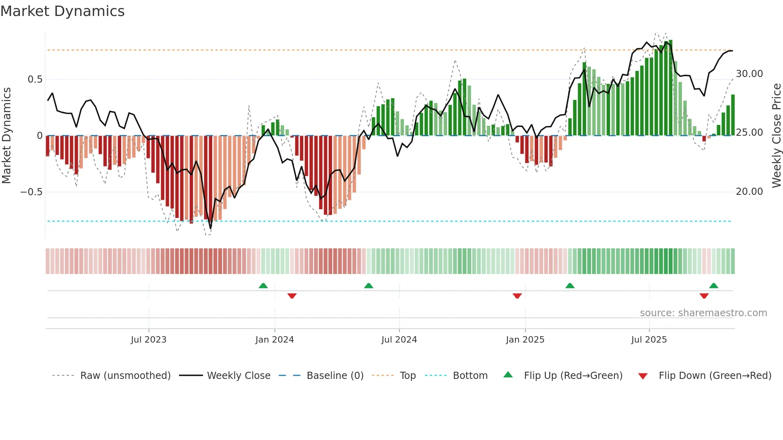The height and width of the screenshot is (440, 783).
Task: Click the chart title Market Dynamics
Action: click(x=62, y=11)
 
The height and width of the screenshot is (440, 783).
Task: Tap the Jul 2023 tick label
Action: click(x=149, y=340)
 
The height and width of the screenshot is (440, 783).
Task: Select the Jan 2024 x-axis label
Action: click(x=274, y=340)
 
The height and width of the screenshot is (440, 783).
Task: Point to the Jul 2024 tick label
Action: click(x=399, y=340)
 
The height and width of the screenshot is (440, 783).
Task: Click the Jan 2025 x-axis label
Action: click(x=525, y=340)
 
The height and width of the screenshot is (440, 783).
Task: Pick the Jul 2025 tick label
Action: click(x=649, y=340)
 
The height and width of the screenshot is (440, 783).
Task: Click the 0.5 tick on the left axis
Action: click(x=35, y=79)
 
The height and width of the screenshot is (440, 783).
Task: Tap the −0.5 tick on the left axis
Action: click(x=31, y=192)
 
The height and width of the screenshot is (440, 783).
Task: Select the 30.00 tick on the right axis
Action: click(x=749, y=74)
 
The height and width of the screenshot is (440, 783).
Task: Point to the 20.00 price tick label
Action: click(x=749, y=192)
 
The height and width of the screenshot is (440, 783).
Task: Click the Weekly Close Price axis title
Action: click(x=776, y=135)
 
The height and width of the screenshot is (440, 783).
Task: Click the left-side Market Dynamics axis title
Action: click(x=6, y=135)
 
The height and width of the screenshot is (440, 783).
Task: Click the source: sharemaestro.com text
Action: click(x=703, y=313)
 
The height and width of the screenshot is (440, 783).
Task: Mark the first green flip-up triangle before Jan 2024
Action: click(x=263, y=285)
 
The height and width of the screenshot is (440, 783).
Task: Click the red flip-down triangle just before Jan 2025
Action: click(x=517, y=296)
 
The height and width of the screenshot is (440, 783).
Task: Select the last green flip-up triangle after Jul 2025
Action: click(x=713, y=285)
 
